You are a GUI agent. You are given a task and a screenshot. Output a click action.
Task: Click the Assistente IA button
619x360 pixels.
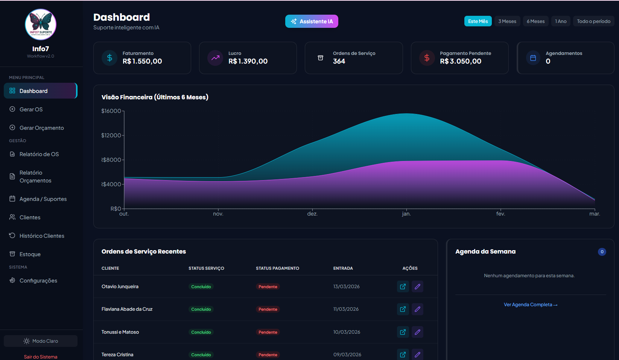(x=312, y=21)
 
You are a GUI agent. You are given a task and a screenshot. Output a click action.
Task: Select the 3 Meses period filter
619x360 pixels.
(x=507, y=21)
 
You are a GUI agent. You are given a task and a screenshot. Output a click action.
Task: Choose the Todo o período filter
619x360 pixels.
(x=593, y=21)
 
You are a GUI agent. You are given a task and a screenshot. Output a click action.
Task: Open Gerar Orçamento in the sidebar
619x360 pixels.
(x=41, y=128)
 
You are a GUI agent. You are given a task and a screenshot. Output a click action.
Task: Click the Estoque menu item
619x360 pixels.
(x=30, y=254)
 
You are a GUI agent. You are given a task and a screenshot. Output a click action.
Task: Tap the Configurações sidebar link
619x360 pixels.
(x=38, y=281)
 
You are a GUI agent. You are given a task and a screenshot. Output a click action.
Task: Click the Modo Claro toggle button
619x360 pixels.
(x=41, y=341)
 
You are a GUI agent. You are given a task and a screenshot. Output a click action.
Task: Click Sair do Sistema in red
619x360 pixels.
(x=41, y=357)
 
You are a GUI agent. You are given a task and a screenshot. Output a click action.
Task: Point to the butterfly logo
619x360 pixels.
(x=41, y=24)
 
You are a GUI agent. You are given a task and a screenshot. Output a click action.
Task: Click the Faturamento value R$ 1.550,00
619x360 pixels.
(x=142, y=61)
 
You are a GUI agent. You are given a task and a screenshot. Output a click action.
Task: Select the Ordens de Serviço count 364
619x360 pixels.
(x=339, y=61)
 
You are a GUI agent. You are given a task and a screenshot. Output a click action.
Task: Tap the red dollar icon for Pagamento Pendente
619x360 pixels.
(x=427, y=58)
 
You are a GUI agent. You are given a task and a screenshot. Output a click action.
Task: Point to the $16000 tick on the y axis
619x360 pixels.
(x=111, y=111)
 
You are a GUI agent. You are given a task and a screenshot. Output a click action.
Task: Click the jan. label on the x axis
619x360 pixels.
(x=406, y=214)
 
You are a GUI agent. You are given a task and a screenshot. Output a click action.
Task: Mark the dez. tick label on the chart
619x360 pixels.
(x=312, y=214)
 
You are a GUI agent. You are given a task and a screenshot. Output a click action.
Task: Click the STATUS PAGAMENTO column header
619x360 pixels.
(x=277, y=268)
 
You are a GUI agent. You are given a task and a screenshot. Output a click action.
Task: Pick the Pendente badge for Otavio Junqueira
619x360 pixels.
(x=268, y=287)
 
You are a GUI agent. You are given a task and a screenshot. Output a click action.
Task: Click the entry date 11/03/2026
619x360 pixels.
(x=346, y=309)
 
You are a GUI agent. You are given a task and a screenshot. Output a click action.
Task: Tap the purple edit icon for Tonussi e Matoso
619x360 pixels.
(x=417, y=332)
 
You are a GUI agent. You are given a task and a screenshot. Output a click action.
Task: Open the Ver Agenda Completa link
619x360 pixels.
(x=531, y=305)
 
